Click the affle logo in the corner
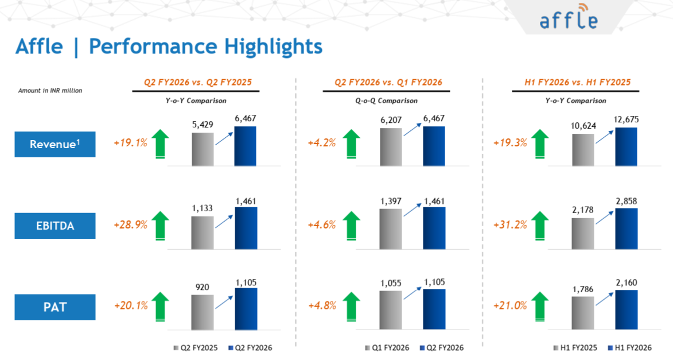[x=569, y=18]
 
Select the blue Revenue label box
[x=55, y=144]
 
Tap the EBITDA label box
[x=55, y=226]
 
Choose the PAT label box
[x=55, y=307]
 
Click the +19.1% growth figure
[x=131, y=143]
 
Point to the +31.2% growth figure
[x=510, y=225]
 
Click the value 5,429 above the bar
[x=203, y=125]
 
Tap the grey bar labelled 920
[x=203, y=312]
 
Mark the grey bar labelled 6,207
[x=391, y=147]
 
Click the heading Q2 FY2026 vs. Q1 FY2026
[x=388, y=83]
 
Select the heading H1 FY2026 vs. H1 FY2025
[x=577, y=83]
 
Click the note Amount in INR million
[x=50, y=90]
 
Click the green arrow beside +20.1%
[x=161, y=305]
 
